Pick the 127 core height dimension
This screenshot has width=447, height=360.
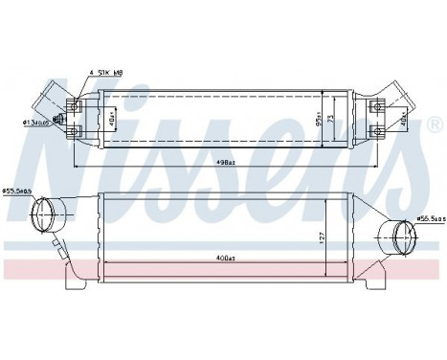(x=324, y=235)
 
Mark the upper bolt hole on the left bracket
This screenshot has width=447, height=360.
(x=74, y=102)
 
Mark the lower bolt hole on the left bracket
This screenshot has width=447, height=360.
(x=74, y=131)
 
